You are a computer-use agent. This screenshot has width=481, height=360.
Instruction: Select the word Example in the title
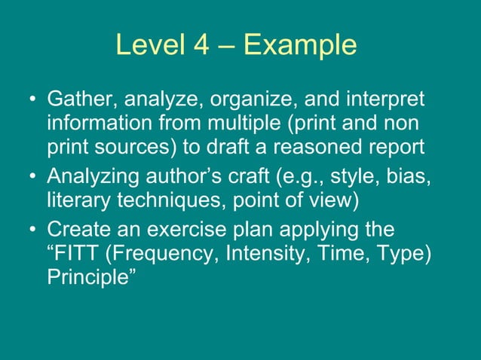[x=300, y=47]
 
